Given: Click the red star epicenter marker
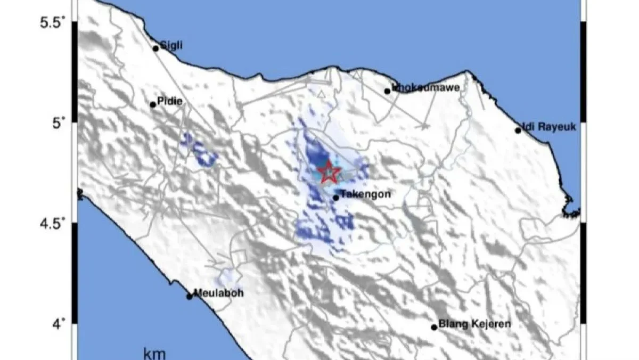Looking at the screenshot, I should (x=329, y=171).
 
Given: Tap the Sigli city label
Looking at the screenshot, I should (x=171, y=46).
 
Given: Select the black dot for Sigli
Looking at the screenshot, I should (x=156, y=48).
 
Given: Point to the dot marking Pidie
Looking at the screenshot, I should (x=153, y=104).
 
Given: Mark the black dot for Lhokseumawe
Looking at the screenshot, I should (x=388, y=91).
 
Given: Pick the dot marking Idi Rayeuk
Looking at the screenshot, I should (x=518, y=130).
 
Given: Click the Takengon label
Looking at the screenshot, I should (x=365, y=194).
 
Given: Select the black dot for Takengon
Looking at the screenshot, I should (x=335, y=198).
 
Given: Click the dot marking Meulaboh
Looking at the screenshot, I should (x=189, y=296).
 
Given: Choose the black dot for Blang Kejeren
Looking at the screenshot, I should (x=434, y=327).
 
